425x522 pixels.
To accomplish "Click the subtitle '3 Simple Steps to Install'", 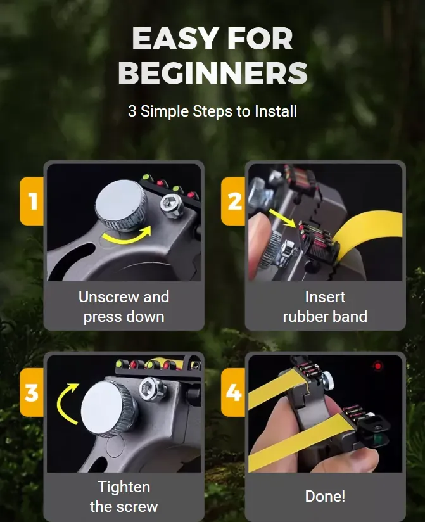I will [212, 111].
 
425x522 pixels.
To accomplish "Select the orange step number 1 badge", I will [32, 201].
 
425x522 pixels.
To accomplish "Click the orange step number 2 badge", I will [234, 201].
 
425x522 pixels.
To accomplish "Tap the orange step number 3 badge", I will [32, 393].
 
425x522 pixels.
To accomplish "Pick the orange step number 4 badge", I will [234, 393].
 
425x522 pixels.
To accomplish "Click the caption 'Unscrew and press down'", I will [124, 307].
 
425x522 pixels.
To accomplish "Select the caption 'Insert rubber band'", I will [325, 307].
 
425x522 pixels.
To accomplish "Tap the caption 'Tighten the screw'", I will [124, 497].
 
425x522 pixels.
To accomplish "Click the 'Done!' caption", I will [325, 496].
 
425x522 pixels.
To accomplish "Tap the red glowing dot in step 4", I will [378, 366].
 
